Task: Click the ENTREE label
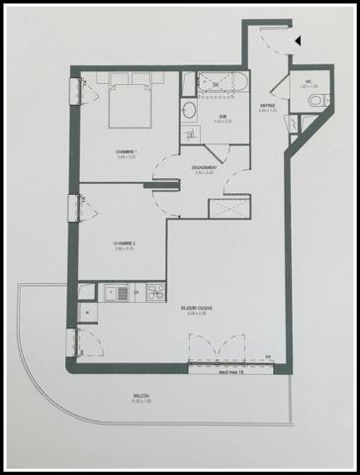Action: point(268,106)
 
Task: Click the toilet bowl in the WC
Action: point(314,101)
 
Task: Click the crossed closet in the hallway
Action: point(223,208)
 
